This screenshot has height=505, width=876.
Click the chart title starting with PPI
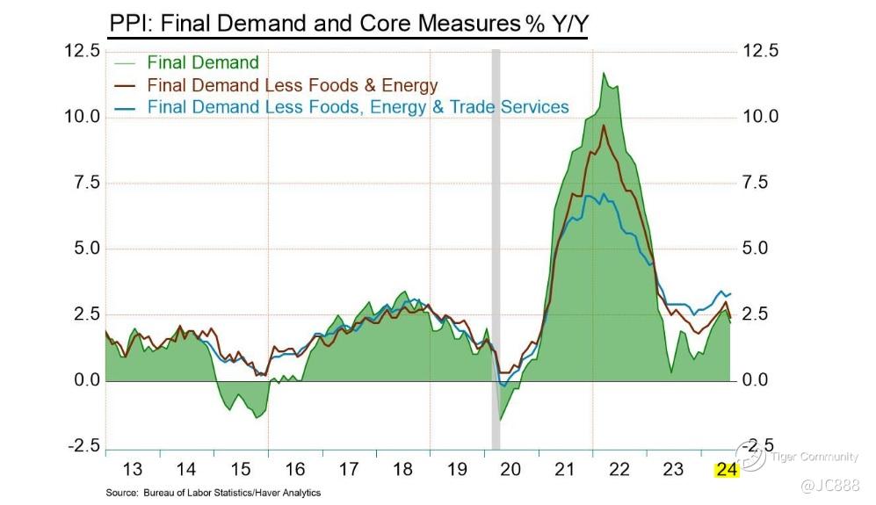pos(348,23)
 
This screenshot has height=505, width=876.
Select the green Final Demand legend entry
pos(202,62)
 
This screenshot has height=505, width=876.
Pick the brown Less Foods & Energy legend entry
pos(292,85)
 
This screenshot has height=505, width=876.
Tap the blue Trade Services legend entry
pos(358,107)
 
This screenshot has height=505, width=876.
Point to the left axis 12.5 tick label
pos(82,51)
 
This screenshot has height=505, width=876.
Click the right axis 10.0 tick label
pos(761,117)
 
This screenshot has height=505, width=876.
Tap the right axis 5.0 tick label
pos(761,249)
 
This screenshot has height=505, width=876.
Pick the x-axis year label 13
pos(132,469)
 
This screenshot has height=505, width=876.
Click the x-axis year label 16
pos(294,469)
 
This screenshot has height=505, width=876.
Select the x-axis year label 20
pos(510,469)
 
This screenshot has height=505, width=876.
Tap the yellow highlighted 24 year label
pos(728,469)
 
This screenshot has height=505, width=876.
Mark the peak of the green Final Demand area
pos(604,74)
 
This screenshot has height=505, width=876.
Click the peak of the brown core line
pos(604,126)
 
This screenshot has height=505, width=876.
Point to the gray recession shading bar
pos(496,246)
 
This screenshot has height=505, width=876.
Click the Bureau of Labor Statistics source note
pos(213,493)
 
